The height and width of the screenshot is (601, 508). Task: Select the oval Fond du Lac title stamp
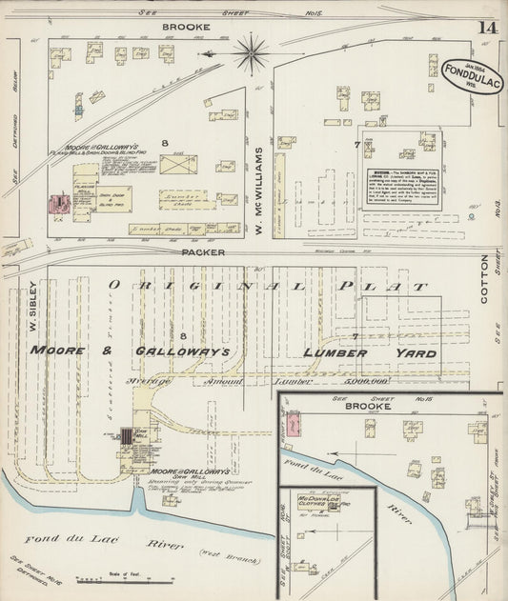tap(471, 72)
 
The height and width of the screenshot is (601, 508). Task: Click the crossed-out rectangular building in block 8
tap(178, 164)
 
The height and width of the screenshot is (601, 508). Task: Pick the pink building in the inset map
tap(294, 420)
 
